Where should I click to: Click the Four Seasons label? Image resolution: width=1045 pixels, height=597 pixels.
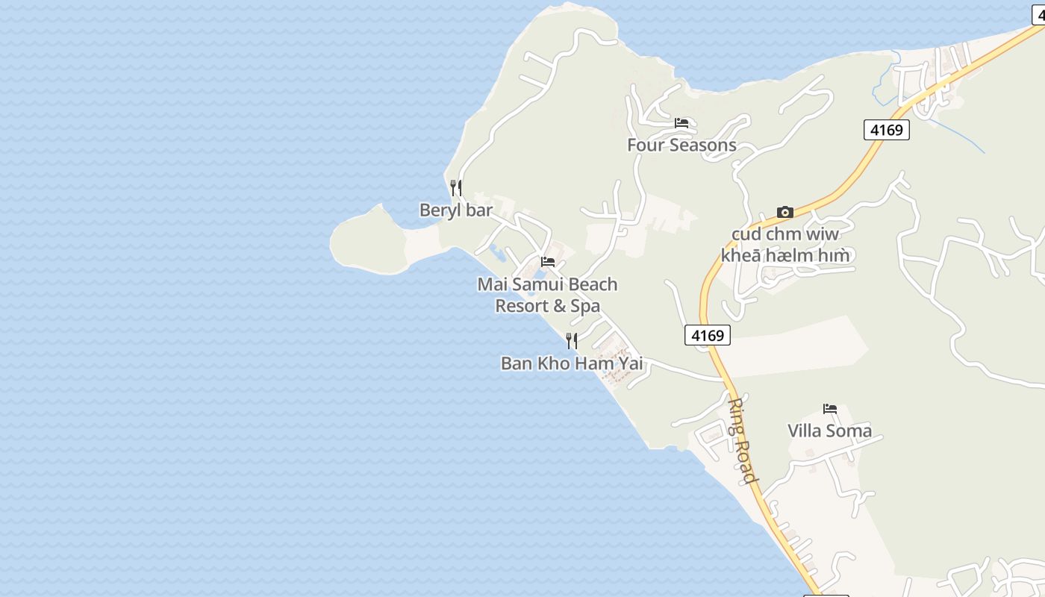point(681,145)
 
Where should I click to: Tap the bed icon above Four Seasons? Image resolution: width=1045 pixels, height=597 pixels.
point(681,123)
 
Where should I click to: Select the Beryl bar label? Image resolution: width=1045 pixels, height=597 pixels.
point(456,210)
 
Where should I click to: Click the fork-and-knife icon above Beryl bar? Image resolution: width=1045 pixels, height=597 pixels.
point(455,187)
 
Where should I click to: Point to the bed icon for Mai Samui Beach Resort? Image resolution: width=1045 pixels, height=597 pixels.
point(548,262)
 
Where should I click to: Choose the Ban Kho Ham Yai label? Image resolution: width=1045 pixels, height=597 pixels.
point(572,363)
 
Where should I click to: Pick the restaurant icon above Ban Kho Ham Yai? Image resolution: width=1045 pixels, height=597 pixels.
point(572,341)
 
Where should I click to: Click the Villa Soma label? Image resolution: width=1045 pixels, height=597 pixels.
point(829,431)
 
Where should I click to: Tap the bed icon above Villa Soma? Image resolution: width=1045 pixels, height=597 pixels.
point(829,409)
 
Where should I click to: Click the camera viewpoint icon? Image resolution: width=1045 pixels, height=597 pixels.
point(784,213)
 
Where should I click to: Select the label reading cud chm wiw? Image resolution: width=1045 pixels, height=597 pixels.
point(784,234)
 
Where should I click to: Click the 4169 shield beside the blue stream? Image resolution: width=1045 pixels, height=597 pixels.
point(887,130)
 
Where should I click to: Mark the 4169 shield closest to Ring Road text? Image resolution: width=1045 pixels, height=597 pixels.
point(707,335)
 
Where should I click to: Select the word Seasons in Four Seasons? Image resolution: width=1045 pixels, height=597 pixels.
point(702,145)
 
